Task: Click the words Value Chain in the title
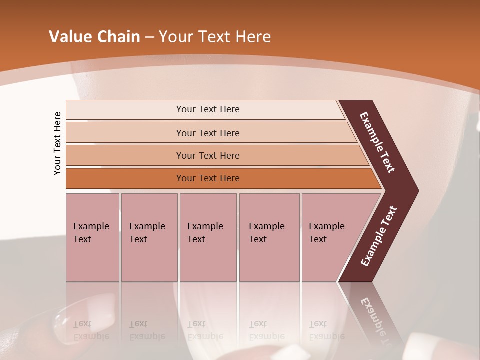pyautogui.click(x=94, y=37)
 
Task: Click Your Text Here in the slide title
pyautogui.click(x=215, y=37)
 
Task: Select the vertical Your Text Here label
pyautogui.click(x=57, y=143)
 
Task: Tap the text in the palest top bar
pyautogui.click(x=208, y=109)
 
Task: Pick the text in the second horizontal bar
pyautogui.click(x=208, y=133)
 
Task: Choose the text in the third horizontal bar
pyautogui.click(x=208, y=156)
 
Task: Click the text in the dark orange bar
pyautogui.click(x=208, y=178)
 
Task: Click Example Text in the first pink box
pyautogui.click(x=91, y=233)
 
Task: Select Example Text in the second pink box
pyautogui.click(x=147, y=233)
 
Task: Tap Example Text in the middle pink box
pyautogui.click(x=205, y=233)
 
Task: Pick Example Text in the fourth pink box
pyautogui.click(x=266, y=233)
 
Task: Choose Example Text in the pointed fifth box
pyautogui.click(x=326, y=233)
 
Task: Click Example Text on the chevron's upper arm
pyautogui.click(x=377, y=142)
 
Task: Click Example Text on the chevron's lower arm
pyautogui.click(x=378, y=236)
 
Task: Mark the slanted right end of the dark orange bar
pyautogui.click(x=376, y=179)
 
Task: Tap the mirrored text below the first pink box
pyautogui.click(x=91, y=330)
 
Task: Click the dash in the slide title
pyautogui.click(x=149, y=37)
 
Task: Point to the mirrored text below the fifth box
pyautogui.click(x=326, y=330)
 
